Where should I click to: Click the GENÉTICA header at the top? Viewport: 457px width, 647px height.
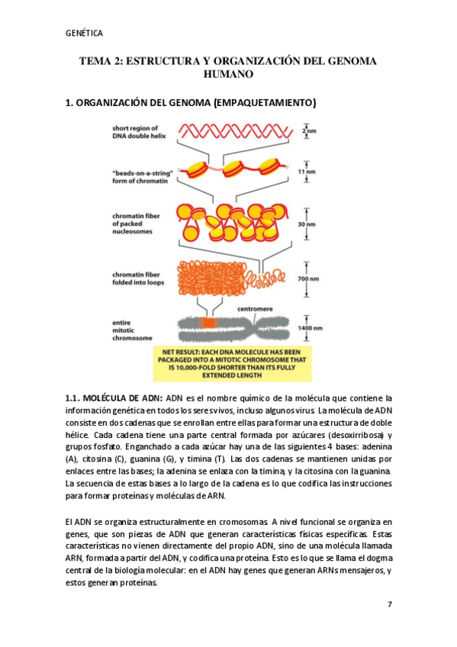[x=84, y=33]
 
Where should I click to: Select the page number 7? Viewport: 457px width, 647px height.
[x=389, y=604]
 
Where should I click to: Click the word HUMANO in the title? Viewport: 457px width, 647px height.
[x=228, y=75]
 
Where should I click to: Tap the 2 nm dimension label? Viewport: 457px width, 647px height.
[x=309, y=130]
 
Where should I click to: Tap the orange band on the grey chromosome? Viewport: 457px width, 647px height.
[x=208, y=323]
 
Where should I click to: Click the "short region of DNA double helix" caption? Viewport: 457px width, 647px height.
[x=137, y=133]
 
